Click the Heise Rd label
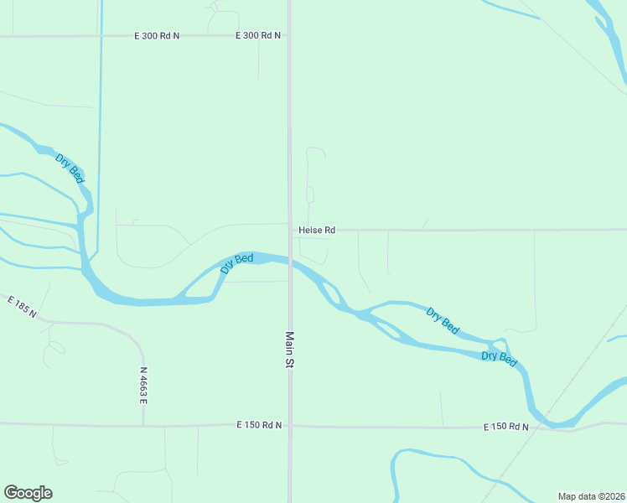[317, 230]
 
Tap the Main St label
[289, 350]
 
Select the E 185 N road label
[21, 307]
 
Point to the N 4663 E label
[143, 386]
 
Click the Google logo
[28, 493]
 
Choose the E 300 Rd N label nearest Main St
[258, 36]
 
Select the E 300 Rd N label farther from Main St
[157, 36]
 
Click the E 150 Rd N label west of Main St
[259, 426]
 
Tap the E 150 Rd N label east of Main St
[505, 428]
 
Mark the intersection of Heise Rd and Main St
[289, 229]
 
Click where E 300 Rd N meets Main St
[289, 36]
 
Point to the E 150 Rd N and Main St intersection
[289, 426]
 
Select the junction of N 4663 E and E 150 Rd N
[143, 425]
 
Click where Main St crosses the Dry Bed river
[289, 262]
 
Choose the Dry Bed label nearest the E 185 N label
[70, 169]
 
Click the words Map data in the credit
[577, 496]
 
